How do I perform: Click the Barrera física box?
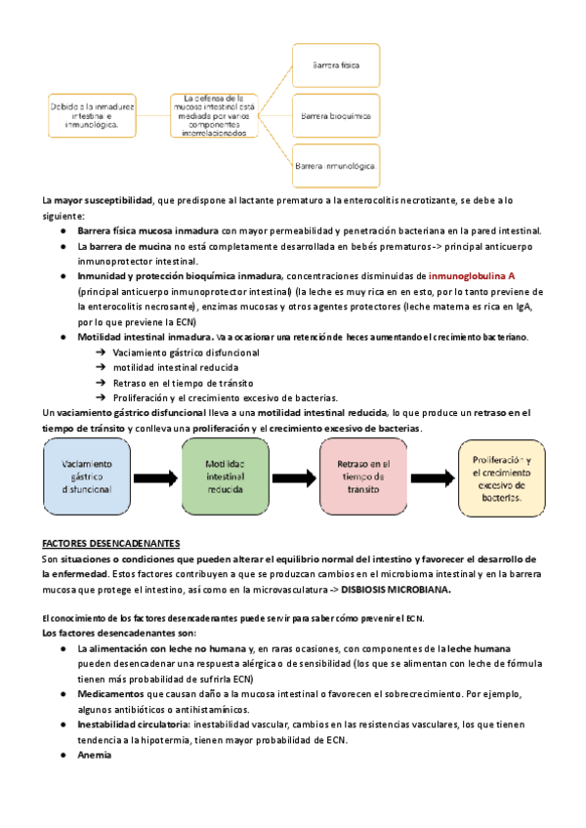336,64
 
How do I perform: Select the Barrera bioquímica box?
336,116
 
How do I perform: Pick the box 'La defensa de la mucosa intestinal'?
213,115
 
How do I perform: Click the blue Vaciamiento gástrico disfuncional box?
85,476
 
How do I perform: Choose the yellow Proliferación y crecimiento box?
501,476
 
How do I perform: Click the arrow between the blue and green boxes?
154,476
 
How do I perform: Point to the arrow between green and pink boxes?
293,476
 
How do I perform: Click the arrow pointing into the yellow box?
432,476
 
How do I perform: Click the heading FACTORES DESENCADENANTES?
111,543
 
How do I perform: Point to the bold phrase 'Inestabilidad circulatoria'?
135,724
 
